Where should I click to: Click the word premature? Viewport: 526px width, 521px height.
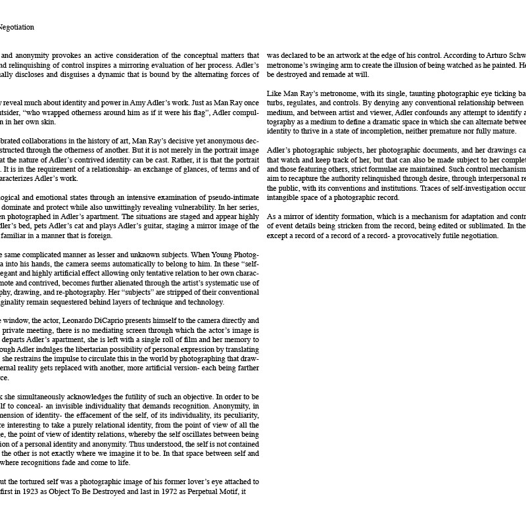[455, 131]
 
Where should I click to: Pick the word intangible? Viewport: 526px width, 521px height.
[284, 197]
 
